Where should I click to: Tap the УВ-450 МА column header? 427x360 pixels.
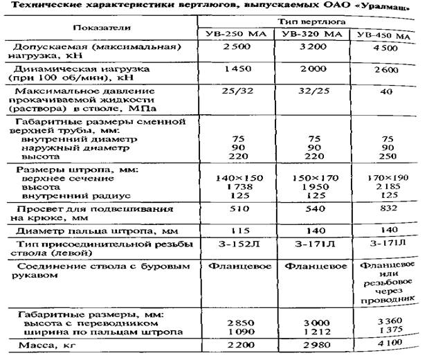pos(387,35)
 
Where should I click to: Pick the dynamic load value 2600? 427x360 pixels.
pos(387,71)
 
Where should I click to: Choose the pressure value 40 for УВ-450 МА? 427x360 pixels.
pos(387,92)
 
